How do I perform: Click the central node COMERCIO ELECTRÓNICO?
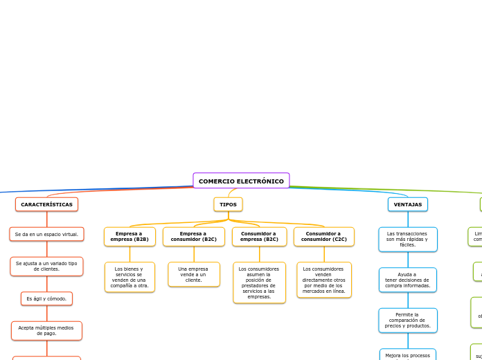pos(241,181)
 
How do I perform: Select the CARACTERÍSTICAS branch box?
pos(46,204)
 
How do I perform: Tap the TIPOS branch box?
pos(228,204)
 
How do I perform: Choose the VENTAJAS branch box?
pos(407,204)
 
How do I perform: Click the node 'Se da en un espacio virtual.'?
pos(46,234)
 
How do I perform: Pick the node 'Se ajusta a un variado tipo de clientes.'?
pos(46,266)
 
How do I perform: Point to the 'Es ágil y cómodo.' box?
pos(46,298)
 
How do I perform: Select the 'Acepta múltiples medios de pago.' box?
pos(46,330)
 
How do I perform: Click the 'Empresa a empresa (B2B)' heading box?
pos(130,236)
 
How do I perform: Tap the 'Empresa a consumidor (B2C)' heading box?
pos(194,236)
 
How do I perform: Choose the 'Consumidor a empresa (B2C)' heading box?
pos(259,236)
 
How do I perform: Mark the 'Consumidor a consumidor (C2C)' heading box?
pos(323,236)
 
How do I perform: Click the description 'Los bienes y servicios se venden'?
pos(130,277)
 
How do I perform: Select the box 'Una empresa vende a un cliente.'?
pos(194,274)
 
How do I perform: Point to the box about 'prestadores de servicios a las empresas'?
pos(259,282)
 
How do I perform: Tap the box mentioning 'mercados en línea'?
pos(323,280)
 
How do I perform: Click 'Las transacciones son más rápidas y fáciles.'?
pos(407,239)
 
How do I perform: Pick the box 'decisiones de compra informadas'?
pos(407,280)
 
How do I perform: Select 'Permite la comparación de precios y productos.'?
pos(407,320)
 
